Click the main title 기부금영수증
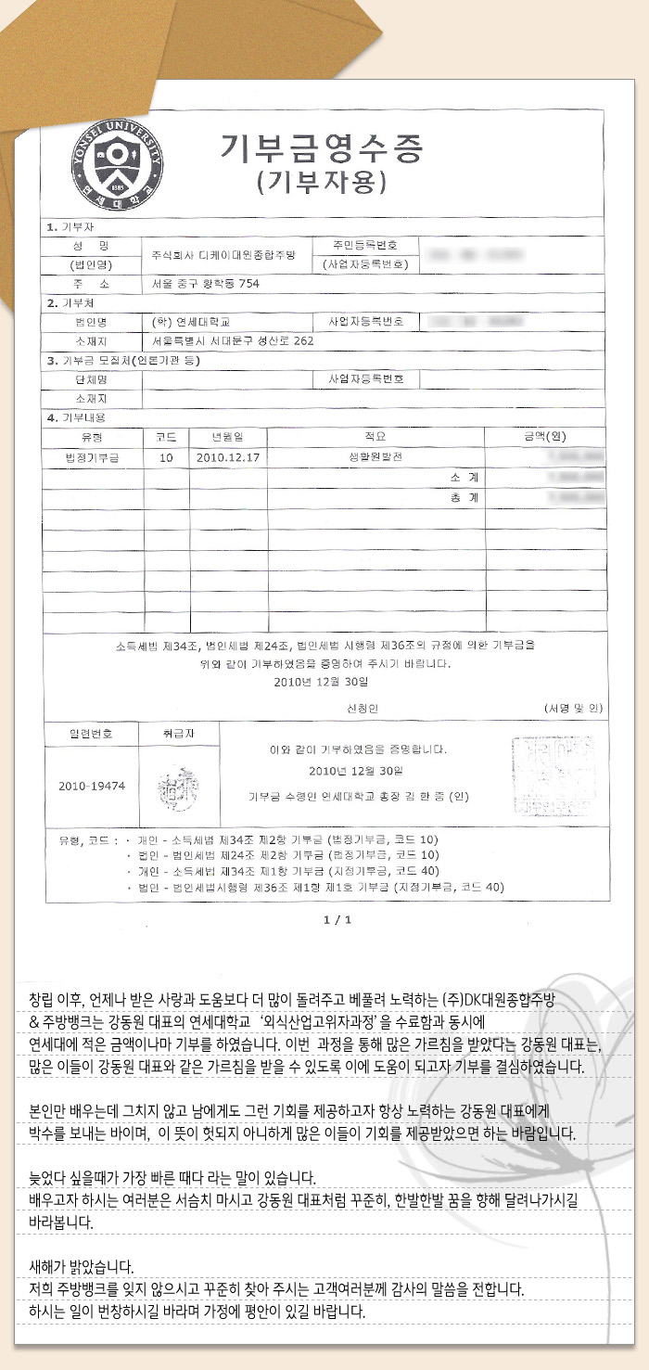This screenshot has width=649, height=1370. pos(322,147)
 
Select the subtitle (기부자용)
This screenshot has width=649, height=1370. pos(322,182)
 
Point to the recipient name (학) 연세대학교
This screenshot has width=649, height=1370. pos(195,321)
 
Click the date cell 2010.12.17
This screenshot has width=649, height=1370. pos(227,456)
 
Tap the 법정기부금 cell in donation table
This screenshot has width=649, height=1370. pos(92,456)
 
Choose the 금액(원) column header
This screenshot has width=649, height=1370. pos(544,436)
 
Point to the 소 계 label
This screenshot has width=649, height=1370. pos(461,477)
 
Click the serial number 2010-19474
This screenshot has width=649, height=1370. pos(91,785)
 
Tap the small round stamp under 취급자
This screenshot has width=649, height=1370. pos(178,788)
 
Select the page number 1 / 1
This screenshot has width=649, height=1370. pos(337,919)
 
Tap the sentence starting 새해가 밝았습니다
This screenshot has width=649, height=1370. pos(82,1266)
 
